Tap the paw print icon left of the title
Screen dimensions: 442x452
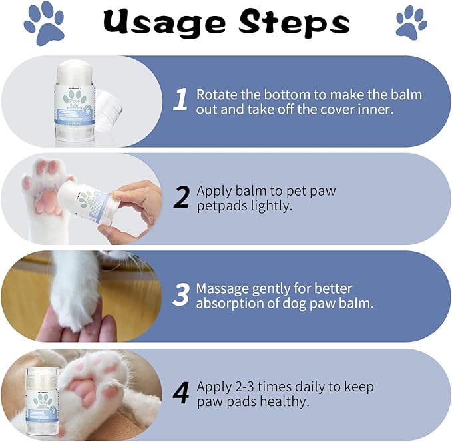(x=44, y=23)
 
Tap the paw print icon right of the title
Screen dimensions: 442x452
(x=411, y=23)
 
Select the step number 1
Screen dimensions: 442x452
(x=180, y=101)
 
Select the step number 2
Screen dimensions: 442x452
(x=181, y=198)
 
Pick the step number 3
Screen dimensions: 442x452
(x=181, y=296)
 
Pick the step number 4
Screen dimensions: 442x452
(x=181, y=393)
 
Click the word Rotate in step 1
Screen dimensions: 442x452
(x=216, y=94)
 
